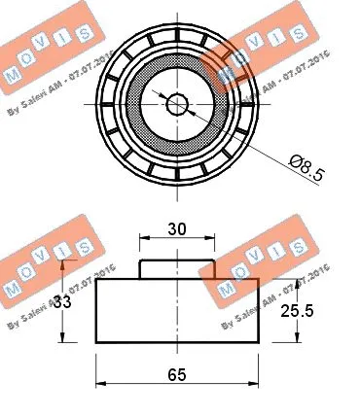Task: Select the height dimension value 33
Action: pyautogui.click(x=60, y=301)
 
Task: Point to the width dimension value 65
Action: pyautogui.click(x=178, y=374)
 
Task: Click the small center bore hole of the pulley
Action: pyautogui.click(x=177, y=103)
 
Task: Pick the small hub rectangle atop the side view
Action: pyautogui.click(x=177, y=269)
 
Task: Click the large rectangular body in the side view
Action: pyautogui.click(x=177, y=311)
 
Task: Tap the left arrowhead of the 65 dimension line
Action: pyautogui.click(x=99, y=384)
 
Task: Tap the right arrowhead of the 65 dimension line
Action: pyautogui.click(x=255, y=384)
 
